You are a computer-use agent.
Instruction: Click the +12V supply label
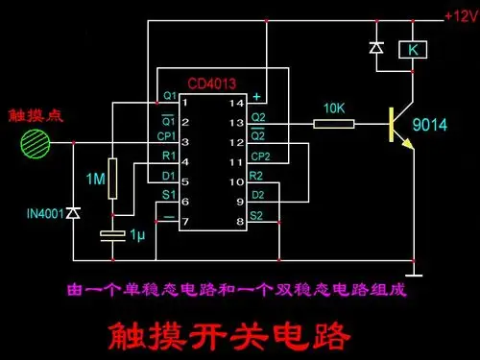[460, 15]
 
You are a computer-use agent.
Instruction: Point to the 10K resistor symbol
[334, 123]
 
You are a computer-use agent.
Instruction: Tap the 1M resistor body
[114, 177]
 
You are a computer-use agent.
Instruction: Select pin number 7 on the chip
[184, 222]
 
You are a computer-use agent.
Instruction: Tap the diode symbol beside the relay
[375, 46]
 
